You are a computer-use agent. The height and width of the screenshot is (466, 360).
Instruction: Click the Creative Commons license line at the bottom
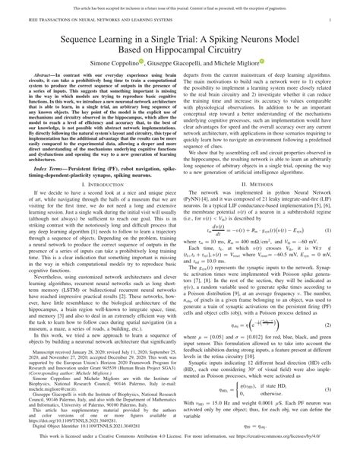tap(179, 458)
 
